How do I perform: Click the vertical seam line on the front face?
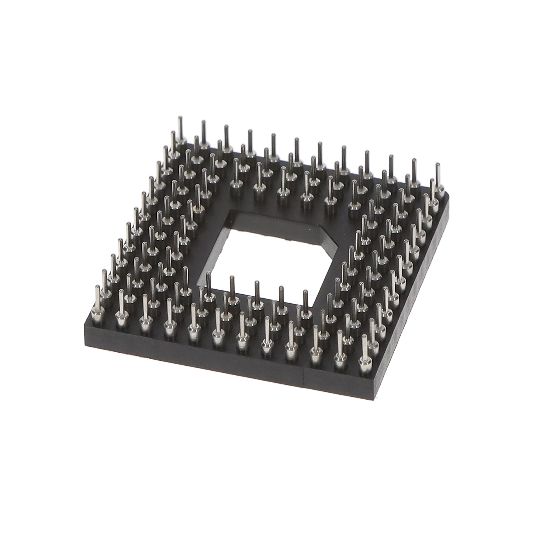[305, 375]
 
